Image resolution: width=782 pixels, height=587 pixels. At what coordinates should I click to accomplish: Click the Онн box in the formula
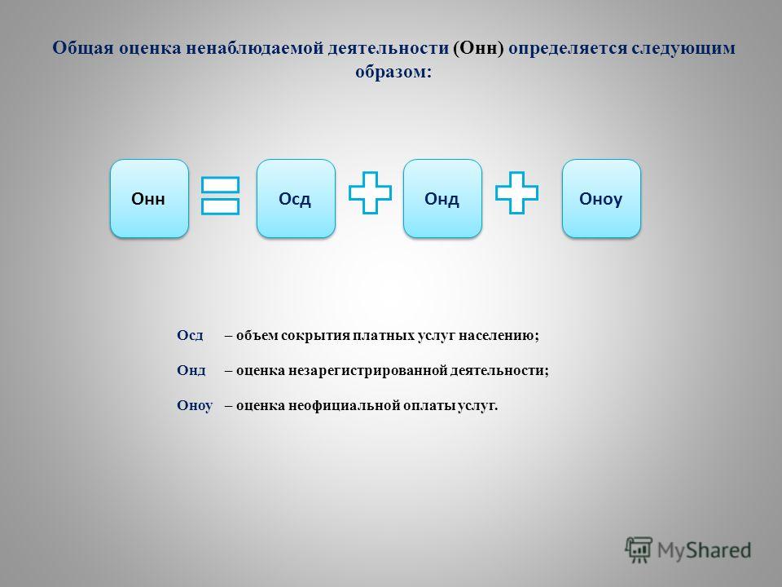click(149, 199)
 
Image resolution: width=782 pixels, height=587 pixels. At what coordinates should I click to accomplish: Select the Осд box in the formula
click(296, 199)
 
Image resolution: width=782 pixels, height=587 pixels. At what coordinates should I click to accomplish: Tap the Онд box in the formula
click(442, 199)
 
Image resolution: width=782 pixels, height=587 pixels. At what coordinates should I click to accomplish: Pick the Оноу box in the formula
click(601, 199)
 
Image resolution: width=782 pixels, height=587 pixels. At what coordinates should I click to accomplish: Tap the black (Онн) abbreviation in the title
click(479, 48)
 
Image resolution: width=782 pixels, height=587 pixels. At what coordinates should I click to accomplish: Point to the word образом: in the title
click(393, 72)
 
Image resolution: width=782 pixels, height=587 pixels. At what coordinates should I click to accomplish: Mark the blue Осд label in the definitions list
click(190, 335)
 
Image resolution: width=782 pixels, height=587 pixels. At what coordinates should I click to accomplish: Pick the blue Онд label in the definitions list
click(191, 370)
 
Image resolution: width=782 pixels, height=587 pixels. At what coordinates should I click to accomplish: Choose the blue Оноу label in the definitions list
click(195, 405)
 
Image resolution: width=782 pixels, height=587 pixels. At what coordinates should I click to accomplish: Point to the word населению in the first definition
click(499, 335)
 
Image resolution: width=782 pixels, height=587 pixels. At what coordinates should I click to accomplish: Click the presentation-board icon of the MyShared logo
click(639, 549)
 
